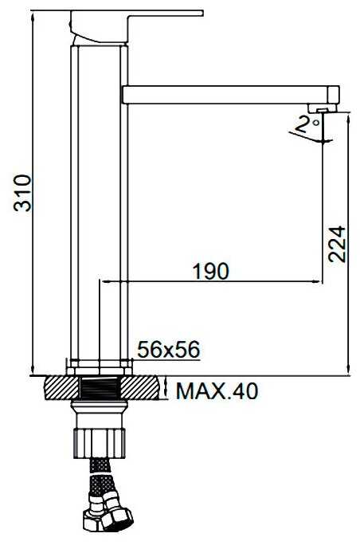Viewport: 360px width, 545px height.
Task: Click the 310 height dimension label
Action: coord(22,194)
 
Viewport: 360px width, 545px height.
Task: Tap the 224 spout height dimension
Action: coord(337,244)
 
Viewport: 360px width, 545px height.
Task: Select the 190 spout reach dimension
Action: coord(211,271)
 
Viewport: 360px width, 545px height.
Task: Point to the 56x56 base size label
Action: coord(169,349)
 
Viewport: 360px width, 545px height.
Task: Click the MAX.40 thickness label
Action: coord(217,391)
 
